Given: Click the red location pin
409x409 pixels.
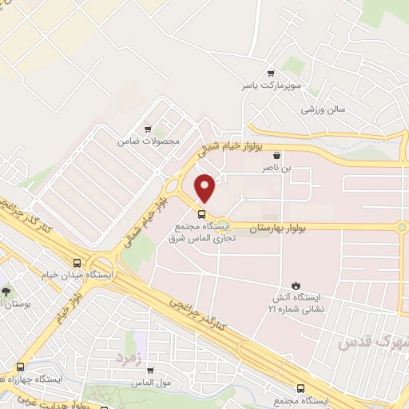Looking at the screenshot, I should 205,188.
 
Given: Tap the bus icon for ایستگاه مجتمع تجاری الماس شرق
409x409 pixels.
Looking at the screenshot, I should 201,213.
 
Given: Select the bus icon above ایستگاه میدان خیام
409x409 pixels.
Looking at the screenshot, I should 77,262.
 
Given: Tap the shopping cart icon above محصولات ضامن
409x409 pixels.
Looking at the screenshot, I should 147,128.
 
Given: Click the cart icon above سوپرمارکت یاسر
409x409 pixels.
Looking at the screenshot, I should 272,71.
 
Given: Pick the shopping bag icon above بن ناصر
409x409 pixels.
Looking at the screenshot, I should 276,155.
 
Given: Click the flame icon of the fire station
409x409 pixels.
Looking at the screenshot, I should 296,285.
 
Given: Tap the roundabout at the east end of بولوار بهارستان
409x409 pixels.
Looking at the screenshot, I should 402,227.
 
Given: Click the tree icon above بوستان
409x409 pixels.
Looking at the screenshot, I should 6,291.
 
